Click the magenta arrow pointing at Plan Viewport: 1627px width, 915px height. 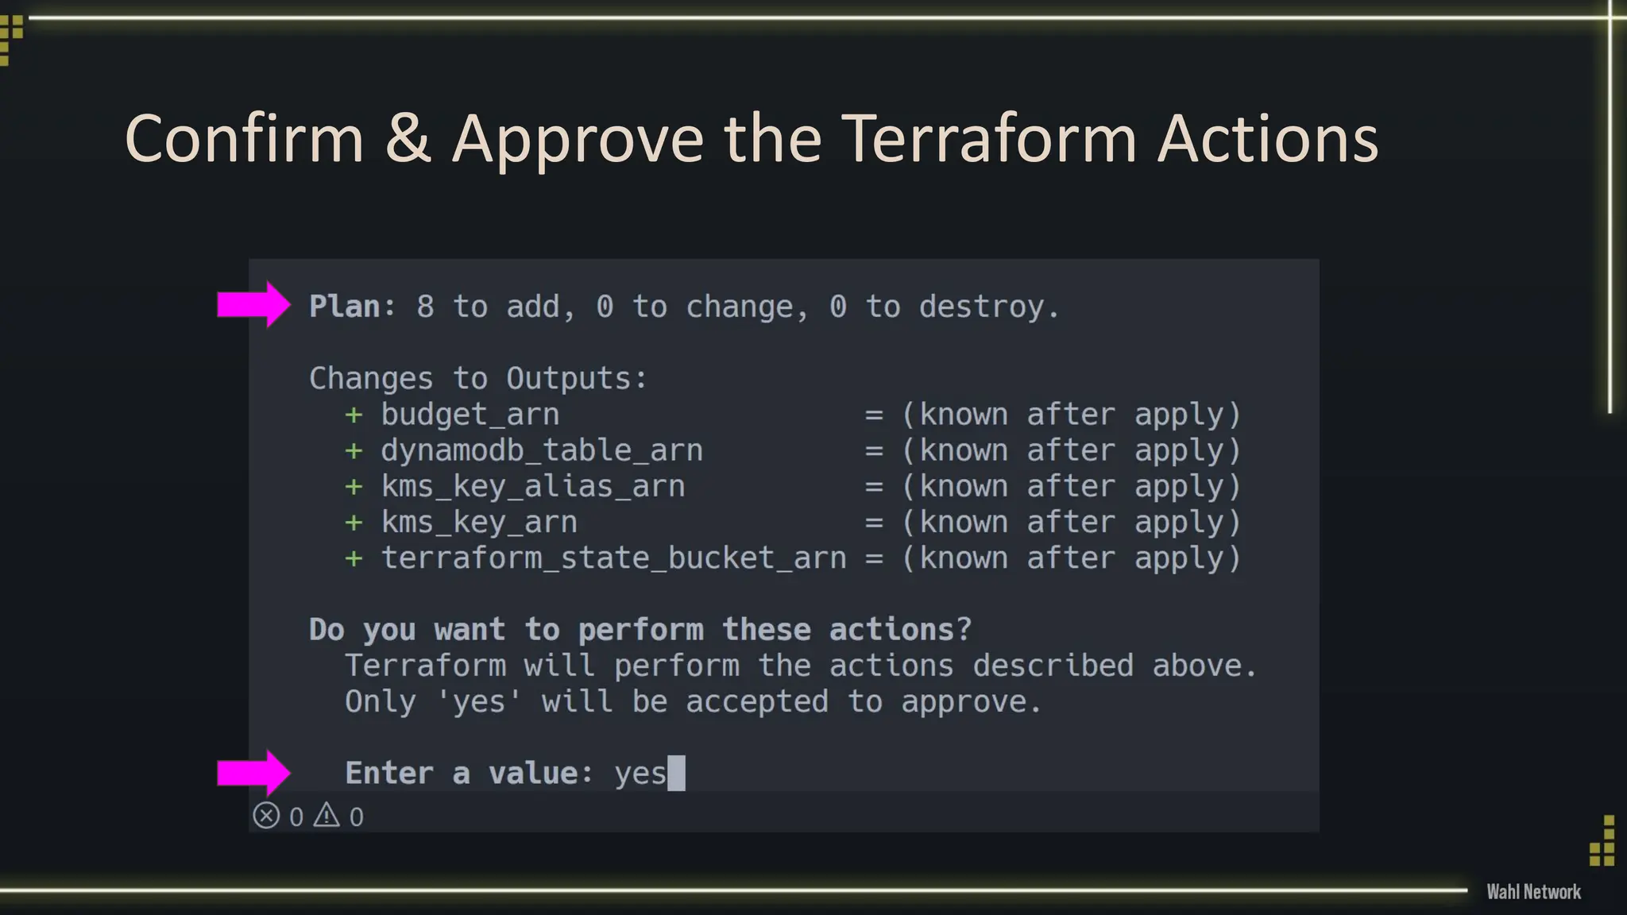point(253,304)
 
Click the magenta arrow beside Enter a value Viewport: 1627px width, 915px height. point(253,773)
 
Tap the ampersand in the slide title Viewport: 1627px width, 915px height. point(408,139)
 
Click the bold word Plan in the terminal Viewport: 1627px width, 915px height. point(344,307)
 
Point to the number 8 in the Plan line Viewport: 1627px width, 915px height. point(425,307)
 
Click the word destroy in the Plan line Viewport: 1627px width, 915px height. point(982,307)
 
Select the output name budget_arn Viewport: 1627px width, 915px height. point(470,415)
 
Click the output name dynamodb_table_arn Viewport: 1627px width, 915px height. point(542,450)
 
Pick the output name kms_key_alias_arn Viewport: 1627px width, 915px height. point(532,486)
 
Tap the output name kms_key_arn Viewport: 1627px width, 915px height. point(479,522)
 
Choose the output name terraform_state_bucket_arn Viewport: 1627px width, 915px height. point(613,558)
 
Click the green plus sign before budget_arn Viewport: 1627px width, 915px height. point(354,415)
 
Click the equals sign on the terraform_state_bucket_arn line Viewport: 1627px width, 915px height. point(874,558)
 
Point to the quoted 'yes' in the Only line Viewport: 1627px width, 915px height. point(479,701)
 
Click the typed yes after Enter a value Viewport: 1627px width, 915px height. point(640,774)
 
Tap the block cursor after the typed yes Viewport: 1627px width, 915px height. point(676,774)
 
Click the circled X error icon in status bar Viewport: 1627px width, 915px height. point(266,816)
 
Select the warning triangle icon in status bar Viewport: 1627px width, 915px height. point(327,815)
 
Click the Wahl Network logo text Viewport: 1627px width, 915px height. point(1533,892)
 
